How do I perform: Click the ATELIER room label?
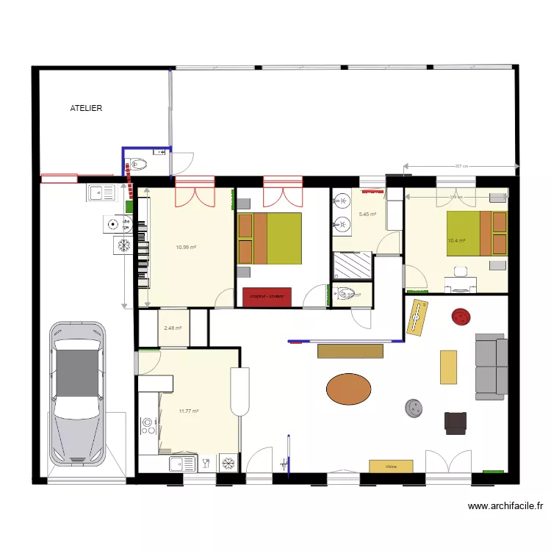[86, 108]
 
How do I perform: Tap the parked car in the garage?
[77, 392]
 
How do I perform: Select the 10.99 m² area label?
[186, 248]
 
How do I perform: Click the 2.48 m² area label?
[173, 328]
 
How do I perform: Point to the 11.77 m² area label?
[189, 411]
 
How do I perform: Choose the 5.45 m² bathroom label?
[367, 215]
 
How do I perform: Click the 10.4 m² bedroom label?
[457, 240]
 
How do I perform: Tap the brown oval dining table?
[349, 389]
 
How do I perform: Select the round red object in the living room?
[461, 317]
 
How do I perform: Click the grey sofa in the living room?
[491, 364]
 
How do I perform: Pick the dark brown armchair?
[455, 422]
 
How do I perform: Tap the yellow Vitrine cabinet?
[391, 466]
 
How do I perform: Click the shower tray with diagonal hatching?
[353, 264]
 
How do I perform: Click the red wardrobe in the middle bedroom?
[267, 296]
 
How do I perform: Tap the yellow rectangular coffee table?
[448, 367]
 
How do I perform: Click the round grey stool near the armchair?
[414, 408]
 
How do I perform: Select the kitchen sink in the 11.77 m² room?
[181, 464]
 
